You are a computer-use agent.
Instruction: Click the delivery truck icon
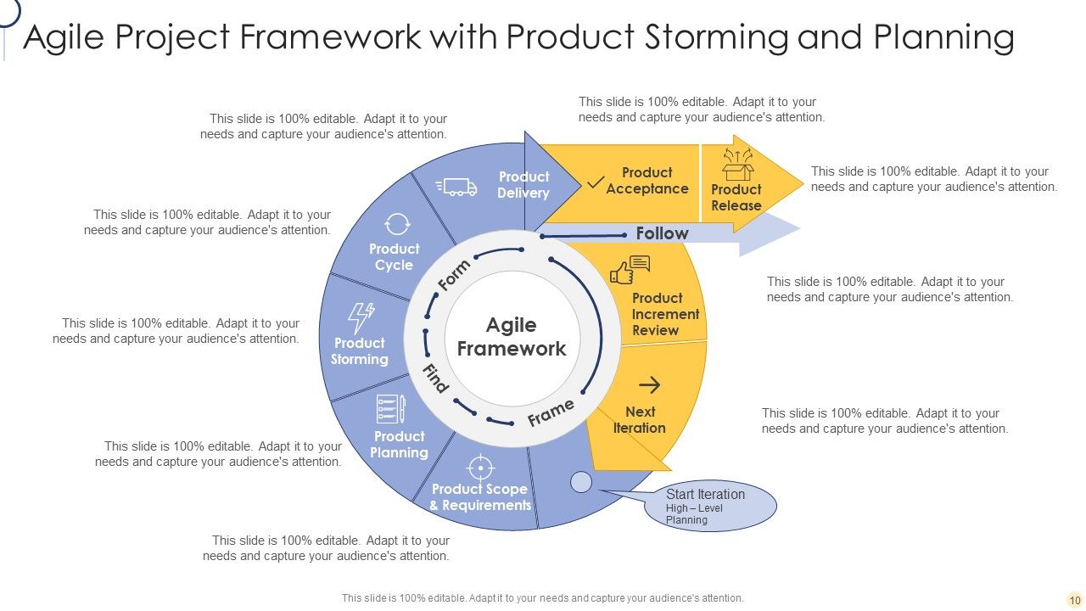pyautogui.click(x=456, y=187)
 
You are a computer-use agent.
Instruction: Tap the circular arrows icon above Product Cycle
pyautogui.click(x=396, y=224)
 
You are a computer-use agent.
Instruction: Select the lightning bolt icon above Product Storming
pyautogui.click(x=361, y=318)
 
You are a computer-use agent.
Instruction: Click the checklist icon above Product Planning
pyautogui.click(x=390, y=409)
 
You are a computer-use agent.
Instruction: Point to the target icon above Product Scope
pyautogui.click(x=480, y=467)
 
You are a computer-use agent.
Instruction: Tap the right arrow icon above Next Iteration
pyautogui.click(x=649, y=386)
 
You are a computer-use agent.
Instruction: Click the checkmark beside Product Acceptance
pyautogui.click(x=596, y=182)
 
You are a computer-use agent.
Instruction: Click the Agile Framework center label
pyautogui.click(x=512, y=337)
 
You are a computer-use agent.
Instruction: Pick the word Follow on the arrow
pyautogui.click(x=662, y=233)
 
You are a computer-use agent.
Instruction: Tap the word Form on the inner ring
pyautogui.click(x=454, y=275)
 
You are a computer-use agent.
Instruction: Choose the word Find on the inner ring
pyautogui.click(x=435, y=378)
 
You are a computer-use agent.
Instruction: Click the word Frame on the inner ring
pyautogui.click(x=551, y=413)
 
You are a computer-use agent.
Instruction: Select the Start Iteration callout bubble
pyautogui.click(x=709, y=507)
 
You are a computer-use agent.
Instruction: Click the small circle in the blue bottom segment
pyautogui.click(x=581, y=482)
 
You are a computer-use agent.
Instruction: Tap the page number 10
pyautogui.click(x=1074, y=599)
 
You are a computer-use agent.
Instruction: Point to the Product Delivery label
pyautogui.click(x=523, y=185)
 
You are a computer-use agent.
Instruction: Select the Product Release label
pyautogui.click(x=736, y=198)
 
